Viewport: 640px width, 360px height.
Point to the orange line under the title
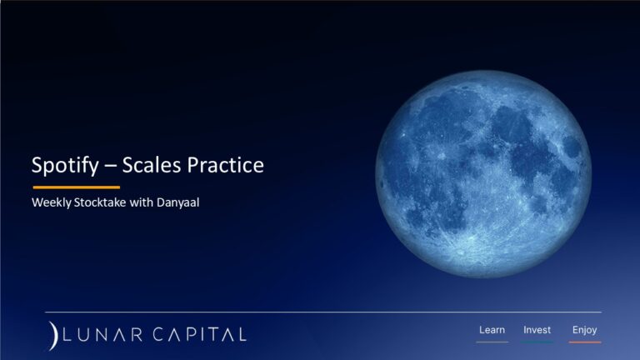[x=76, y=187]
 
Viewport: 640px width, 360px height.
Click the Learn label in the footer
[x=492, y=330]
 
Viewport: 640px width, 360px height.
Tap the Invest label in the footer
[x=537, y=330]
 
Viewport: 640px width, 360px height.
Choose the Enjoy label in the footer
[x=584, y=330]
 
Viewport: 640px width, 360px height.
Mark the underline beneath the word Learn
[x=492, y=342]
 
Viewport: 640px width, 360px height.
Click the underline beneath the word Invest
[x=537, y=342]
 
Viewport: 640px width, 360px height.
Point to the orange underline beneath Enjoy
[x=584, y=342]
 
